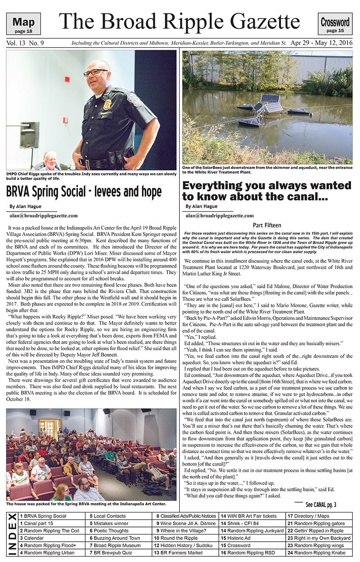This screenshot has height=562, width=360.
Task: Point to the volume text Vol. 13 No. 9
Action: click(x=25, y=44)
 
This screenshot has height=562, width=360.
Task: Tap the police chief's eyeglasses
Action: click(x=96, y=72)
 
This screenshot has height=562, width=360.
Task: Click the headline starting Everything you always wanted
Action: click(x=266, y=191)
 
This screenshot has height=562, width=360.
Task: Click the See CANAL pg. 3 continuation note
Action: click(x=320, y=504)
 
